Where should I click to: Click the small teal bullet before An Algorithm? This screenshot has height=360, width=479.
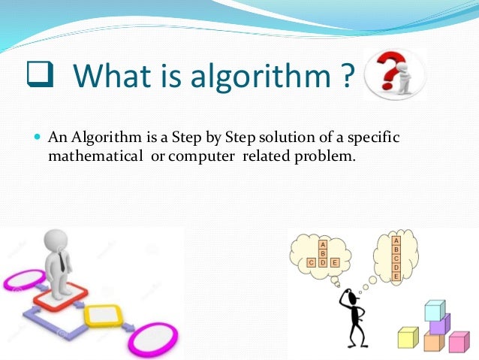click(38, 139)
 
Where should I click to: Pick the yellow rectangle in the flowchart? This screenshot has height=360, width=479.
click(103, 315)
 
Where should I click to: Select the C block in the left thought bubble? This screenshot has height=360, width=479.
click(311, 263)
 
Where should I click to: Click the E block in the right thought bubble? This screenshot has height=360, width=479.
click(396, 277)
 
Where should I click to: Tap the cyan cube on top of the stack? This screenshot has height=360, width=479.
click(435, 310)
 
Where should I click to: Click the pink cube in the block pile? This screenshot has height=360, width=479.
click(457, 342)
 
